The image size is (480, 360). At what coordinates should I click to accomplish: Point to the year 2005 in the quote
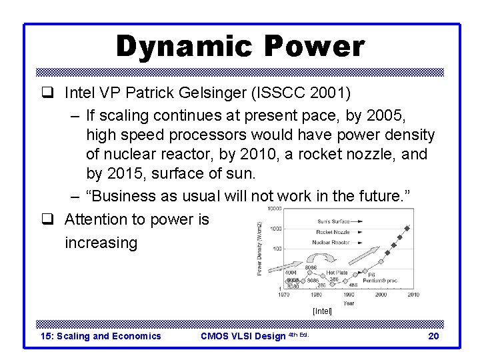pos(394,115)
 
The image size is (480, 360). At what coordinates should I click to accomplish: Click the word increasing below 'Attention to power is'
pos(101,242)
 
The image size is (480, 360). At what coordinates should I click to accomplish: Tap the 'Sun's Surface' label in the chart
pos(333,221)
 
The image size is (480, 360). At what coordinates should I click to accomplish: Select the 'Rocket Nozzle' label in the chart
pos(333,231)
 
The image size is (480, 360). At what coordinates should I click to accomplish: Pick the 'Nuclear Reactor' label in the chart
pos(331,242)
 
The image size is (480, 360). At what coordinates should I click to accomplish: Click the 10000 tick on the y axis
pos(273,209)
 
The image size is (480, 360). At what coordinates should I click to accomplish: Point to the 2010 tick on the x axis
pos(413,295)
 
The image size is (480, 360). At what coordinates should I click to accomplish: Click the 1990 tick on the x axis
pos(349,295)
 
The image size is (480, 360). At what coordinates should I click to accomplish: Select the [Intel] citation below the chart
pos(322,311)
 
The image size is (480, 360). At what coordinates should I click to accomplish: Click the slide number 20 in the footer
pos(433,336)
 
